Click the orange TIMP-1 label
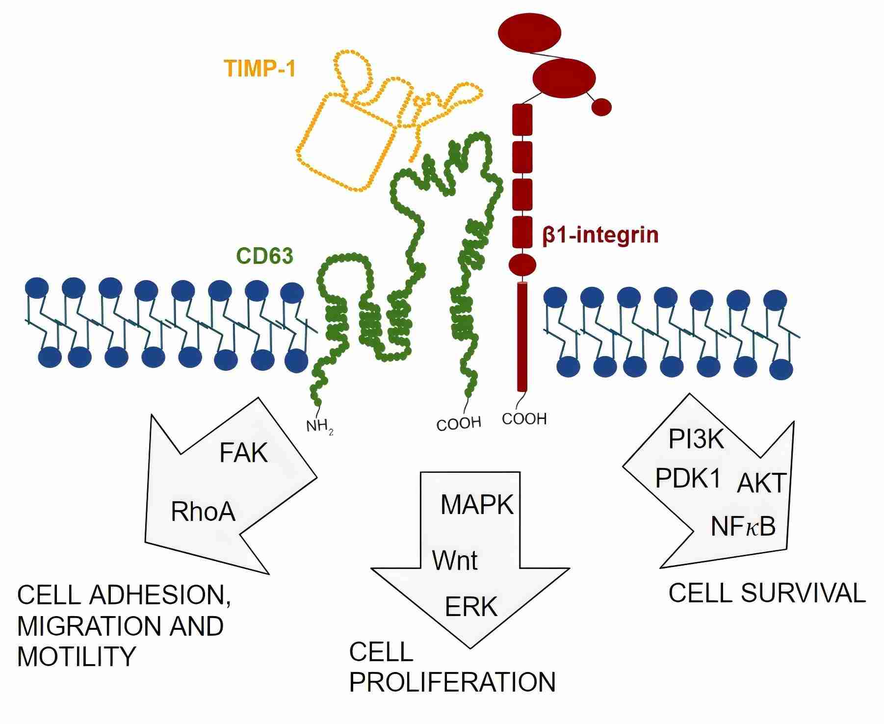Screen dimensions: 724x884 click(260, 68)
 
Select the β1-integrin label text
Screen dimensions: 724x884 click(600, 235)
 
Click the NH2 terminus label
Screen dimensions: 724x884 click(320, 426)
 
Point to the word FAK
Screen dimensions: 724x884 click(243, 453)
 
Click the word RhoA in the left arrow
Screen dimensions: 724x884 click(203, 512)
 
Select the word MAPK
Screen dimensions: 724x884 click(477, 504)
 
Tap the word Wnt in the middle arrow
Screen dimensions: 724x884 click(455, 560)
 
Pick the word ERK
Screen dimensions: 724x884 click(471, 606)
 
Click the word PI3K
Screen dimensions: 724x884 click(696, 439)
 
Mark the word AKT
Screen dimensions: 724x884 click(762, 483)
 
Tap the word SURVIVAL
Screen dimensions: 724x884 click(803, 593)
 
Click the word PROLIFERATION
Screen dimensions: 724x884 click(452, 682)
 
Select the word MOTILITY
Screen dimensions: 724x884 click(76, 656)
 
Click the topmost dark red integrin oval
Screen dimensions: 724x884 click(530, 32)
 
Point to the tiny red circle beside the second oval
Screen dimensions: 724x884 click(601, 106)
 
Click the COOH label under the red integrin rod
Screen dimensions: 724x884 click(524, 419)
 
